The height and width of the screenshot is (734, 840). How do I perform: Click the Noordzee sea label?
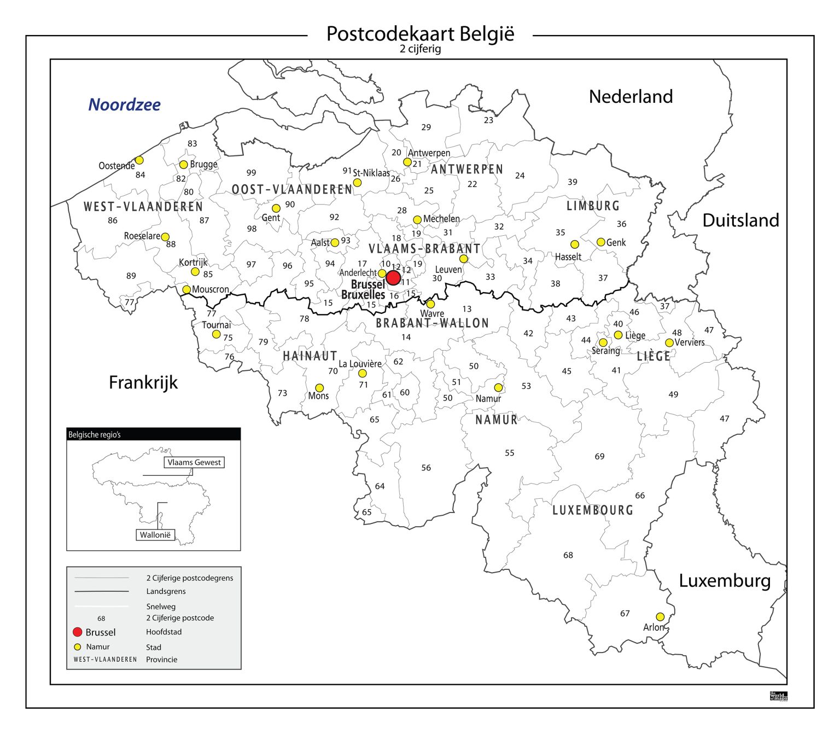(125, 104)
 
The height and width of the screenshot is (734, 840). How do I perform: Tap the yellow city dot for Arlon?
(660, 617)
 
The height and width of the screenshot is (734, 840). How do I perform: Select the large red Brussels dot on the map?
(393, 278)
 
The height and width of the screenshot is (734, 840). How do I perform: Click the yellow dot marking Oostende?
(139, 160)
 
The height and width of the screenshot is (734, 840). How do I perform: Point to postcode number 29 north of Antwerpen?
(426, 127)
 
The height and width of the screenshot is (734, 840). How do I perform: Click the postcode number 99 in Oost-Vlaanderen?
(251, 173)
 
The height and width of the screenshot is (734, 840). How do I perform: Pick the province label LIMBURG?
(593, 206)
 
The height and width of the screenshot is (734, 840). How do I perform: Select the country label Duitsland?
(740, 220)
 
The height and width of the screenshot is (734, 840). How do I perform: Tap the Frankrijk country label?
(143, 382)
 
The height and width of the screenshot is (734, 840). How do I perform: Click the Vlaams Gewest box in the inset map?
(194, 462)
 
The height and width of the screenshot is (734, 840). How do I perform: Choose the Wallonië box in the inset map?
(155, 535)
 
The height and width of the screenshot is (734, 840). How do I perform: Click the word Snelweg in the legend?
(161, 607)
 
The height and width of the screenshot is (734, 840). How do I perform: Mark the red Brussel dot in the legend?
(78, 632)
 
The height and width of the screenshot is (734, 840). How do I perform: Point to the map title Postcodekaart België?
(420, 34)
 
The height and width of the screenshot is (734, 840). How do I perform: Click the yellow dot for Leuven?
(464, 259)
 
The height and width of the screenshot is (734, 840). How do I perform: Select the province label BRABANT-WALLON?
(432, 323)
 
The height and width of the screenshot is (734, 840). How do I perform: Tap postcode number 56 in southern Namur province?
(426, 468)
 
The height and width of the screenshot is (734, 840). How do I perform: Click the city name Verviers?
(690, 342)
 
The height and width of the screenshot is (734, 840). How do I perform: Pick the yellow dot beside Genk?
(601, 242)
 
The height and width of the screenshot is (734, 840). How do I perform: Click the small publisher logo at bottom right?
(779, 696)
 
